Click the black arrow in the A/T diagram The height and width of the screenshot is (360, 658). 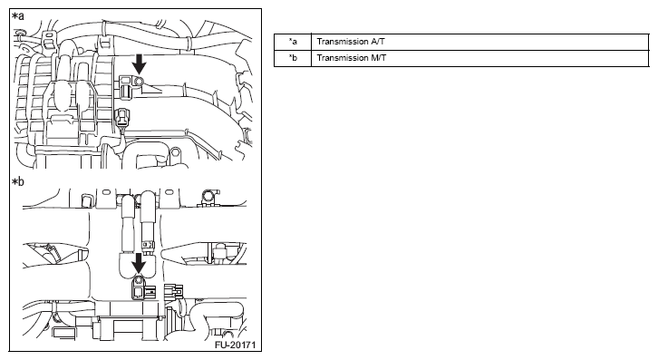click(x=139, y=64)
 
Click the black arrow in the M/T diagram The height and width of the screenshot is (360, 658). click(x=139, y=264)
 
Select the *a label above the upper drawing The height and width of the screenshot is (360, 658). click(x=18, y=16)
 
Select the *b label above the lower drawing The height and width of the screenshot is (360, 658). click(x=18, y=182)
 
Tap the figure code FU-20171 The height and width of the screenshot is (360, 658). click(x=235, y=345)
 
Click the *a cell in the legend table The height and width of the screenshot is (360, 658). click(x=293, y=42)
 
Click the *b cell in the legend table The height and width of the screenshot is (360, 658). click(x=293, y=58)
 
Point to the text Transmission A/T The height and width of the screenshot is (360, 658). click(x=351, y=42)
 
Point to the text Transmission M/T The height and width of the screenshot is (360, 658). click(x=352, y=58)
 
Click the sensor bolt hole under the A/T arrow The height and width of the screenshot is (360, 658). click(x=140, y=80)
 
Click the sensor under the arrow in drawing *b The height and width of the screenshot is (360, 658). click(x=140, y=287)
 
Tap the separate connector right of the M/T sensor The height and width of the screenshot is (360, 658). click(x=173, y=291)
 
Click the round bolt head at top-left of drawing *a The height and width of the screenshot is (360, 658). click(x=19, y=33)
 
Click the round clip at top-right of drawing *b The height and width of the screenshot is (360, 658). click(x=209, y=196)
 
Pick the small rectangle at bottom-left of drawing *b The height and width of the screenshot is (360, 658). click(x=64, y=334)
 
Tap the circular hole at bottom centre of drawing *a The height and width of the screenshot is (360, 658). click(x=176, y=151)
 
